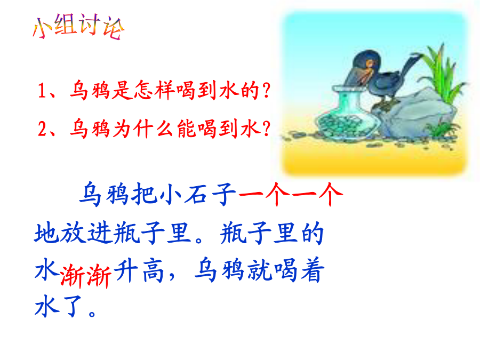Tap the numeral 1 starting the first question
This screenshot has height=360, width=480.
[42, 91]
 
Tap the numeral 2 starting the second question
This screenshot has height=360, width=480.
[42, 129]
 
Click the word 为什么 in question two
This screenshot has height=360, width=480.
[143, 129]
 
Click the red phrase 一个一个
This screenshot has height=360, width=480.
[291, 194]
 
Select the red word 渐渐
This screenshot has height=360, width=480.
[86, 276]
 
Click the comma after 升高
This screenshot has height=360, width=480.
[172, 276]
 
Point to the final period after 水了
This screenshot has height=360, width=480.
[92, 314]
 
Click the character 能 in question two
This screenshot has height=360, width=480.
[187, 129]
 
